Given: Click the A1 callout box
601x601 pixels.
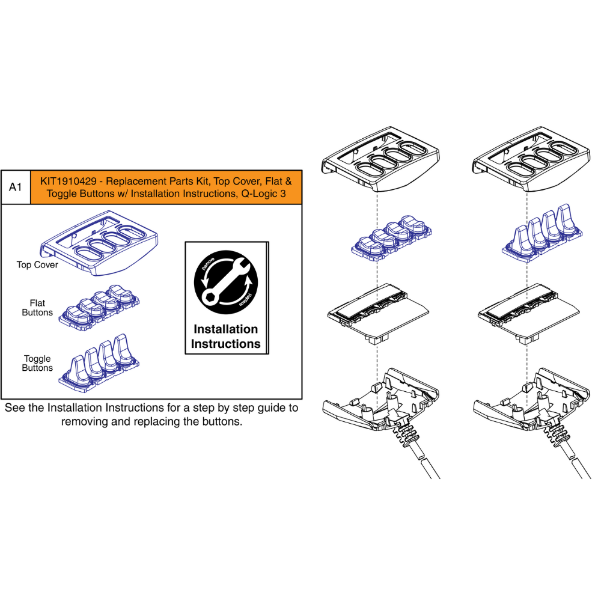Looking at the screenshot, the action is click(16, 187).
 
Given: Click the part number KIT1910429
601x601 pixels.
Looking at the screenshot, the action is click(69, 182).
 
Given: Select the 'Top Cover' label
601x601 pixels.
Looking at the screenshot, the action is click(37, 265).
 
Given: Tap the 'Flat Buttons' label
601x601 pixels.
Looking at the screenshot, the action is click(37, 308).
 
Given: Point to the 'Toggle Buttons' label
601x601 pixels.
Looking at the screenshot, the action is click(37, 364).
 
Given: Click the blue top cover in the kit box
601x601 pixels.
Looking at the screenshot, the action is click(99, 243).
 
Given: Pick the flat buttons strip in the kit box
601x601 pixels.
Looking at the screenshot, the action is click(99, 308).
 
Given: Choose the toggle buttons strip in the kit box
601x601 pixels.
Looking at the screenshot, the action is click(99, 363).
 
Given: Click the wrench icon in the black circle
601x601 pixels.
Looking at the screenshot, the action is click(226, 282).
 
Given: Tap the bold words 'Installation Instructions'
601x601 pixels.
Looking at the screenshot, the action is click(226, 337).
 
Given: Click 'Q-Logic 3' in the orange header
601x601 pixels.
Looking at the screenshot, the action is click(263, 194).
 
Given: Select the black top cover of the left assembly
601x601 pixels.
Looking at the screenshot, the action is click(380, 159).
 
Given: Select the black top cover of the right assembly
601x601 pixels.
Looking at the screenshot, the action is click(531, 159).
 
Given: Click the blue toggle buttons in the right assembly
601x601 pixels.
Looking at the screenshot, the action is click(542, 233).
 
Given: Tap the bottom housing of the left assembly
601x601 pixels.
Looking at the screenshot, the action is click(381, 406).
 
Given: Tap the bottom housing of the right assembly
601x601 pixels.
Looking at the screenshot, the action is click(532, 406).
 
